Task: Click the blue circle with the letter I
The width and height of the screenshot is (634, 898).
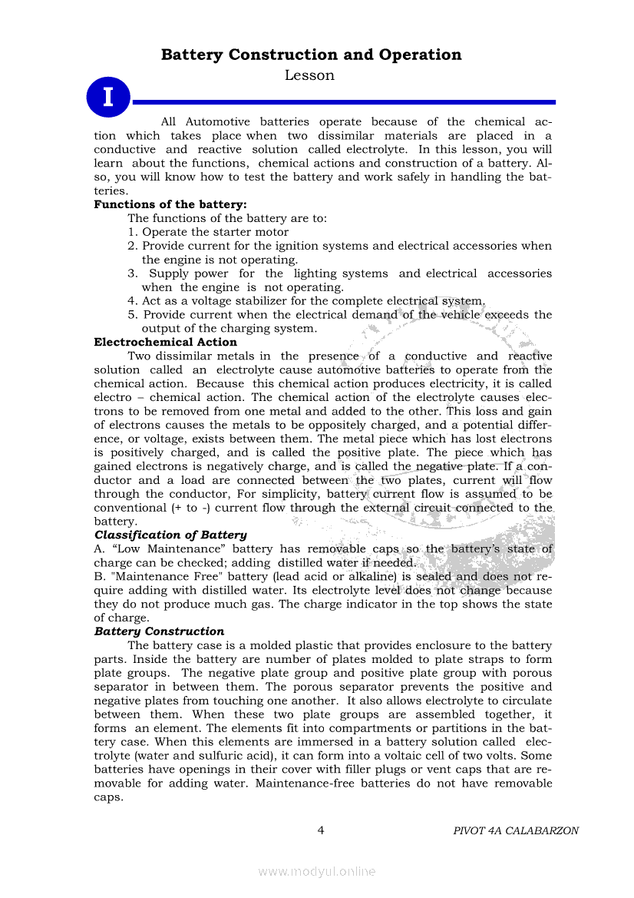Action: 107,98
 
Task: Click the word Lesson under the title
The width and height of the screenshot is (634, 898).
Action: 309,75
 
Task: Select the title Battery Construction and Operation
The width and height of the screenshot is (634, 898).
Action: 311,55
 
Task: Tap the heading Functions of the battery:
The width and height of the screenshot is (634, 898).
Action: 170,204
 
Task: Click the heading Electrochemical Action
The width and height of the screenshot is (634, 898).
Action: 165,342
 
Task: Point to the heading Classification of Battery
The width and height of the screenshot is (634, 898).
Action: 170,535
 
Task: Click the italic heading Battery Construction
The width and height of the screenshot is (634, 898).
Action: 159,631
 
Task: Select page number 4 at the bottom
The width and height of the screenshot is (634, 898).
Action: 321,830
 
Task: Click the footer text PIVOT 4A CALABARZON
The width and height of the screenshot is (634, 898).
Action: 516,830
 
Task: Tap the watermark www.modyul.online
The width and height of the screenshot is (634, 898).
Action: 317,871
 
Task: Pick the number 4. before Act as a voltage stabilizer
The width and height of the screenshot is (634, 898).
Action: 133,301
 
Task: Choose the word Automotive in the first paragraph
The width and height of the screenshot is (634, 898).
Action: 217,121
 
